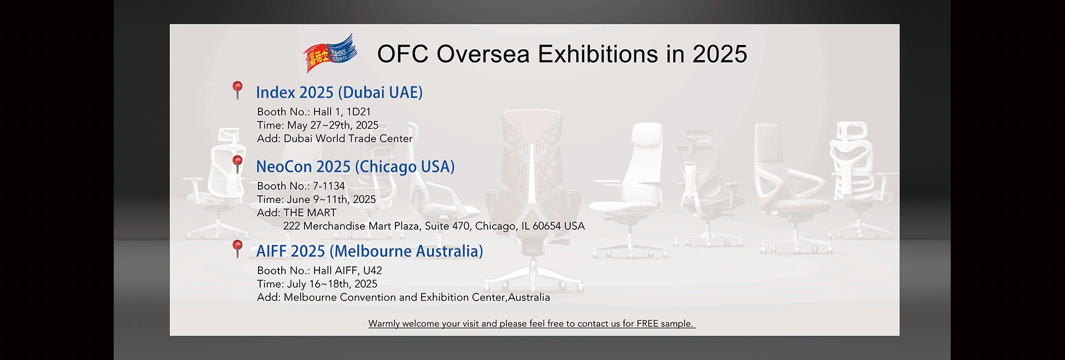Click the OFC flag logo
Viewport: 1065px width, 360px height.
point(330,53)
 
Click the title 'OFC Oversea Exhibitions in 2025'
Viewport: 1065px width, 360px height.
point(562,54)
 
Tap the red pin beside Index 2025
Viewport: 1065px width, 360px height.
point(237,90)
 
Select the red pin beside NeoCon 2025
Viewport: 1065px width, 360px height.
point(237,164)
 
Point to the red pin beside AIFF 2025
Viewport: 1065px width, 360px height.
point(237,249)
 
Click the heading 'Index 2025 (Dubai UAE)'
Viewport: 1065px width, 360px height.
point(339,93)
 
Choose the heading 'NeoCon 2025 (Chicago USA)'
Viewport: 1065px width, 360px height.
point(356,167)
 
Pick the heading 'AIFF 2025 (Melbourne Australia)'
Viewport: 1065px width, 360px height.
point(369,251)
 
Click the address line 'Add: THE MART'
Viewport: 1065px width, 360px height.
point(297,213)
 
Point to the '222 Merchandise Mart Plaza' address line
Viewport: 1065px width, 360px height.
point(434,226)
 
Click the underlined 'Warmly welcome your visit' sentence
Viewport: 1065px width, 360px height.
point(532,324)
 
